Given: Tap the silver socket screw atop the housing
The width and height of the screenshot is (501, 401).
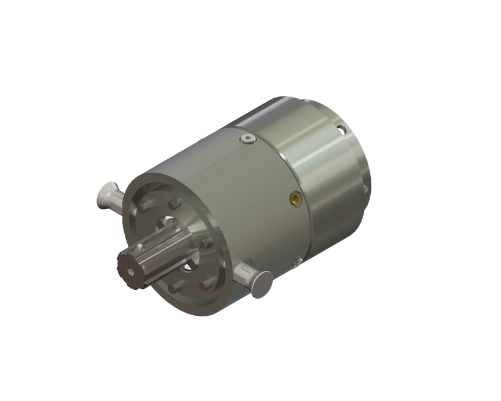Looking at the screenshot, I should click(x=246, y=138).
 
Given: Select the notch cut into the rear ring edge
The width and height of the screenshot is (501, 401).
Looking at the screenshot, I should click(x=367, y=189).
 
